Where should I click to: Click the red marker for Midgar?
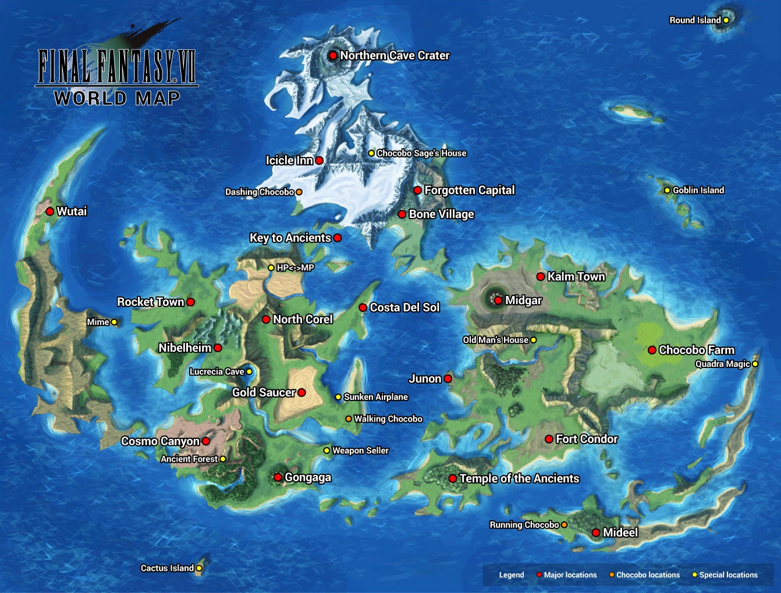tap(498, 301)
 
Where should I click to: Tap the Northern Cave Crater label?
tap(395, 56)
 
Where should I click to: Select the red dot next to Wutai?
tap(50, 212)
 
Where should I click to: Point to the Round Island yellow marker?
tap(726, 20)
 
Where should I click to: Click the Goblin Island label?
tap(698, 190)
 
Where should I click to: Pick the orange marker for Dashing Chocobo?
tap(299, 192)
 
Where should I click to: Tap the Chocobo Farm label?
tap(697, 350)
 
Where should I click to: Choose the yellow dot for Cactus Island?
tap(199, 568)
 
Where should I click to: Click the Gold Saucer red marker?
tap(301, 392)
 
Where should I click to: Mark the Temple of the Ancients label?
tap(519, 478)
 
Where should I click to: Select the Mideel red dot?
tap(596, 533)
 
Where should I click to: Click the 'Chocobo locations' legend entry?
tap(648, 575)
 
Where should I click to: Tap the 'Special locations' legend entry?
tap(728, 575)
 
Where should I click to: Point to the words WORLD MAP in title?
tap(117, 98)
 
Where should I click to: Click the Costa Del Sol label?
tap(404, 308)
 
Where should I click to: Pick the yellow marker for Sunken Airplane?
tap(338, 397)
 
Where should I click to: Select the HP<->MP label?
tap(295, 268)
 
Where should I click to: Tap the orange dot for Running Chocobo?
tap(564, 525)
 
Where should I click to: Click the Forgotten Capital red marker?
tap(417, 190)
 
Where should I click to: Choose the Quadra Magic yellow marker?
tap(755, 364)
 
